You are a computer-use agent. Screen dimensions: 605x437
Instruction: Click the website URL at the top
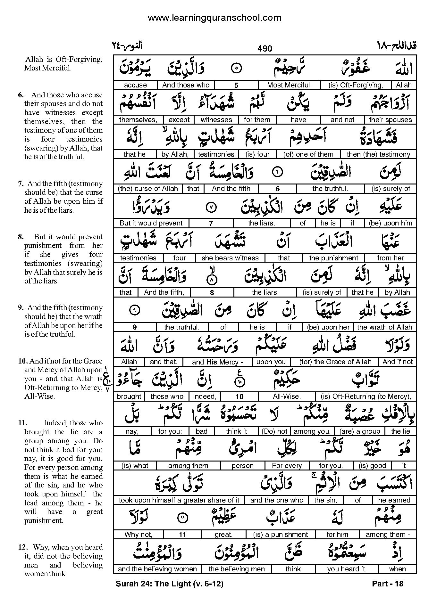[214, 18]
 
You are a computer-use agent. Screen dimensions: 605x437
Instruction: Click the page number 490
[265, 48]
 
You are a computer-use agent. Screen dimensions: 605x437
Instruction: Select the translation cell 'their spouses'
[390, 120]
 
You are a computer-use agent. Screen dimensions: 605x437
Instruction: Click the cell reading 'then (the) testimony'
[378, 154]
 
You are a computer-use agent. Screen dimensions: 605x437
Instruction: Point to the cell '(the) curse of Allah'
[148, 189]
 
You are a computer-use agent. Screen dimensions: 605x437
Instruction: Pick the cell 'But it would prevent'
[151, 223]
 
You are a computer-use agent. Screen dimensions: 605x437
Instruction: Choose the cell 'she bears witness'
[230, 258]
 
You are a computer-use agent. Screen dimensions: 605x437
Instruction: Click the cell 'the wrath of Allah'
[384, 327]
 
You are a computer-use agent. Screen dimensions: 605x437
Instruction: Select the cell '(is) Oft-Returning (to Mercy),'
[366, 397]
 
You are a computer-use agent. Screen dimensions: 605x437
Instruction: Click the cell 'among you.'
[312, 431]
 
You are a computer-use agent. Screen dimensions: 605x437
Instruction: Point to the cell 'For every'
[287, 466]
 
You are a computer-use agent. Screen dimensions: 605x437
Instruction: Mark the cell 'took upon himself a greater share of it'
[179, 500]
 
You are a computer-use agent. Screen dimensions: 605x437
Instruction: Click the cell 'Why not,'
[138, 535]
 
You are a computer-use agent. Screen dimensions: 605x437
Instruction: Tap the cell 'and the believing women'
[157, 569]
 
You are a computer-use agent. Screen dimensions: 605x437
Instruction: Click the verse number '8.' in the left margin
[21, 237]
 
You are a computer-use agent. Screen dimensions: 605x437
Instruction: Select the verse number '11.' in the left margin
[21, 423]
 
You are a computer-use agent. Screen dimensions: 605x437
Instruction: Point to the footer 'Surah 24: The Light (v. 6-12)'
[169, 584]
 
